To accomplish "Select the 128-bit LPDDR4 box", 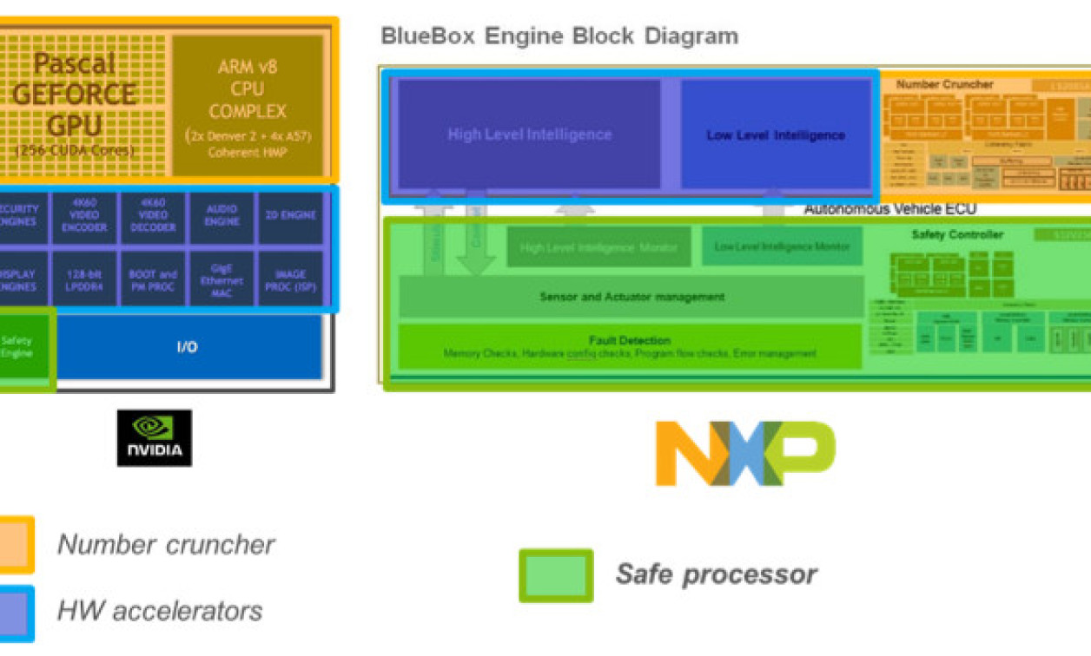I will [x=84, y=279].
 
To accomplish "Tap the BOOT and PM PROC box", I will [x=153, y=279].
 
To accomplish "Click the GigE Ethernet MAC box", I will [x=222, y=279].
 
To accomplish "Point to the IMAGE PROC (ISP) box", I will [x=291, y=279].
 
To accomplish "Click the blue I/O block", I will [x=188, y=347].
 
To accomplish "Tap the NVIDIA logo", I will [x=155, y=438].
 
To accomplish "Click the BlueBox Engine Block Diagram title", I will [x=559, y=36].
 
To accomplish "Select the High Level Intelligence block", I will [x=529, y=134].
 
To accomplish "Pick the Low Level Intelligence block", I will [x=775, y=134].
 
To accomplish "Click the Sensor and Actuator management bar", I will [x=631, y=297].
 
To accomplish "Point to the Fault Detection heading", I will [x=630, y=340].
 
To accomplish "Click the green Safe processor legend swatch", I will [x=556, y=575].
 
